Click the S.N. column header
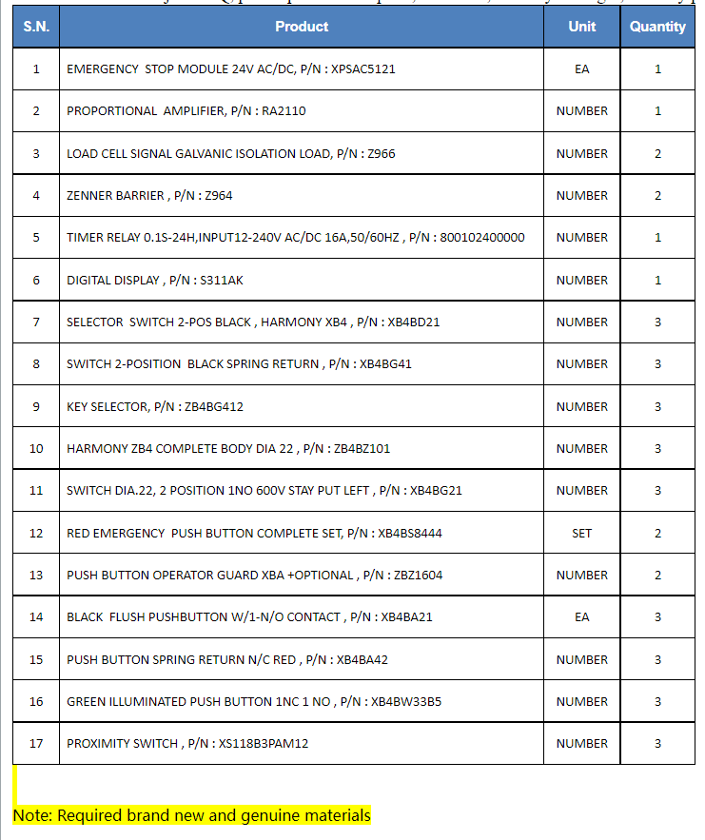click(x=36, y=27)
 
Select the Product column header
click(x=302, y=27)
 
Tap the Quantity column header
click(x=657, y=27)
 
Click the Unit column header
click(x=581, y=27)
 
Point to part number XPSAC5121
click(x=363, y=69)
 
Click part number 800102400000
click(x=482, y=238)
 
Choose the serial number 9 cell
click(x=36, y=406)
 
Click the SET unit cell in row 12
click(x=581, y=533)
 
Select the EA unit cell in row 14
click(x=581, y=616)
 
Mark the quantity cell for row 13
click(x=657, y=575)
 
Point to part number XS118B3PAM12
click(x=264, y=743)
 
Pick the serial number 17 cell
click(x=36, y=743)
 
